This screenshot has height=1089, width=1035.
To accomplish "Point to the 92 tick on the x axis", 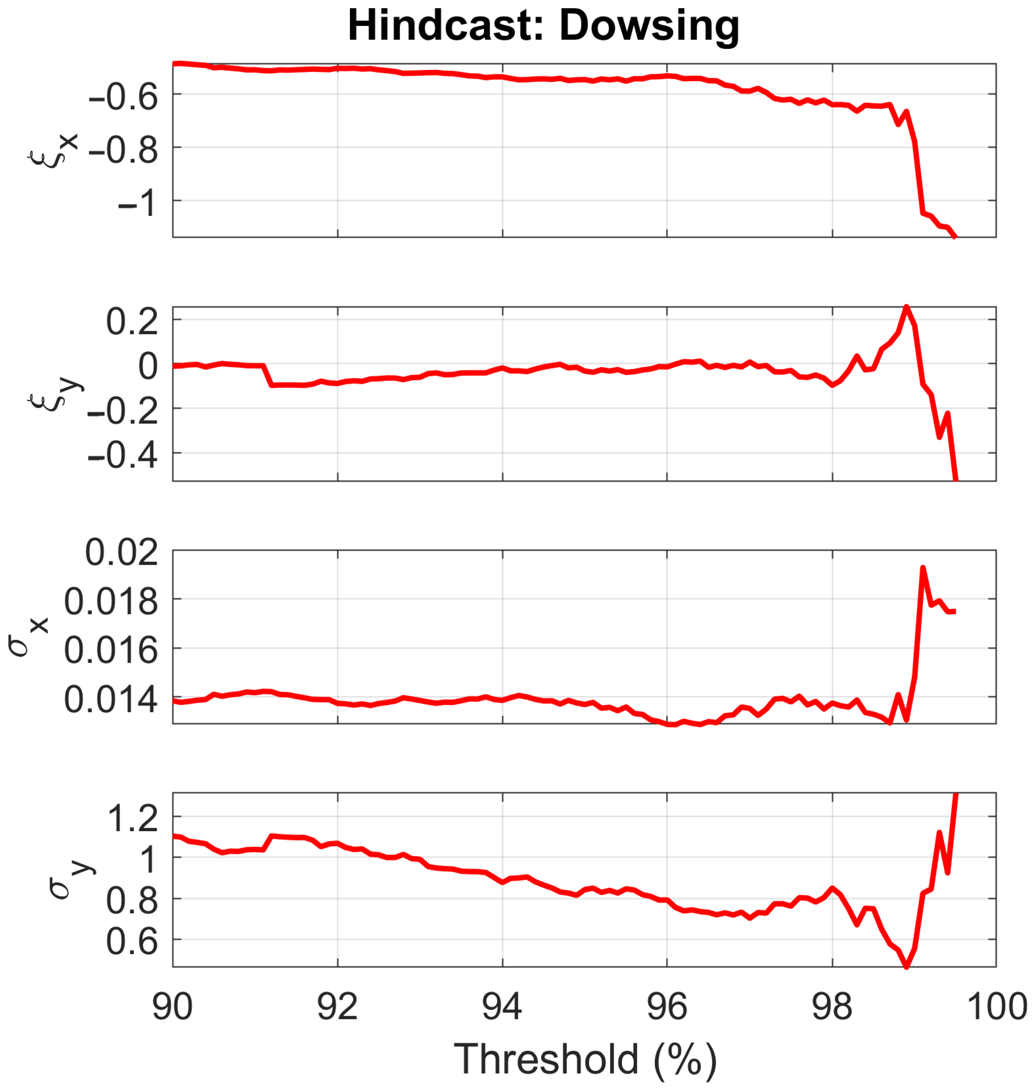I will [x=337, y=1007].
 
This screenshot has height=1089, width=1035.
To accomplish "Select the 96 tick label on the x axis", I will [x=667, y=1007].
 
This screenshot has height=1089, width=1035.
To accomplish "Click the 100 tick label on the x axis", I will [x=996, y=1007].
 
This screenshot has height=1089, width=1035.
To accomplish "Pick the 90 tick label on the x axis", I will [x=172, y=1007].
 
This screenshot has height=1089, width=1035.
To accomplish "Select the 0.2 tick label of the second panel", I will [x=132, y=321].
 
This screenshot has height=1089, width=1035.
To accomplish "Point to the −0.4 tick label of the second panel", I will [x=123, y=455].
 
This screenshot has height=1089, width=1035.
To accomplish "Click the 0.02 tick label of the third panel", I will [x=121, y=552].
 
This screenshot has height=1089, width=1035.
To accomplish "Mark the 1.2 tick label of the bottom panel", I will [x=132, y=819].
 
